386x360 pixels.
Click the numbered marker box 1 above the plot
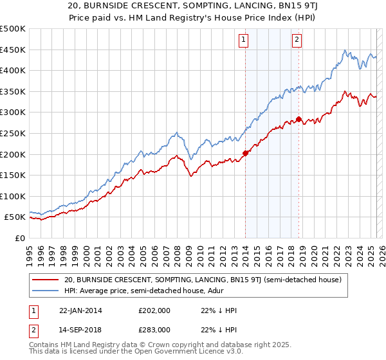click(x=244, y=40)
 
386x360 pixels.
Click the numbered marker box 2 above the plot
click(x=297, y=40)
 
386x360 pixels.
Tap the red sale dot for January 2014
click(x=245, y=153)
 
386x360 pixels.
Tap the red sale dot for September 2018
click(x=299, y=119)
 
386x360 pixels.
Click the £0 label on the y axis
click(x=19, y=238)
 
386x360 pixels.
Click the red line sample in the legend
click(x=46, y=280)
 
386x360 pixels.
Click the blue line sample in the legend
click(x=46, y=291)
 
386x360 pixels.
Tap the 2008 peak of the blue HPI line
click(x=176, y=133)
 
